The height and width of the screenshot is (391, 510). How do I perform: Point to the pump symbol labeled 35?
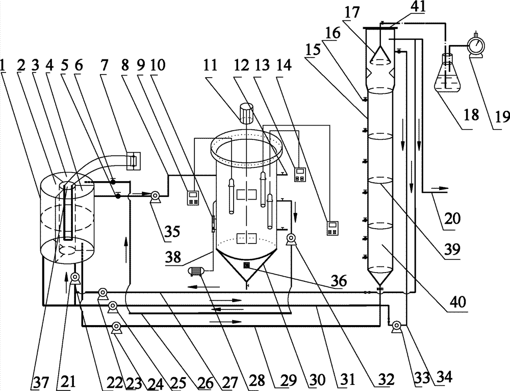tap(154, 194)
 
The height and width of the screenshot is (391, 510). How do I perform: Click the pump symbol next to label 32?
tap(291, 238)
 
